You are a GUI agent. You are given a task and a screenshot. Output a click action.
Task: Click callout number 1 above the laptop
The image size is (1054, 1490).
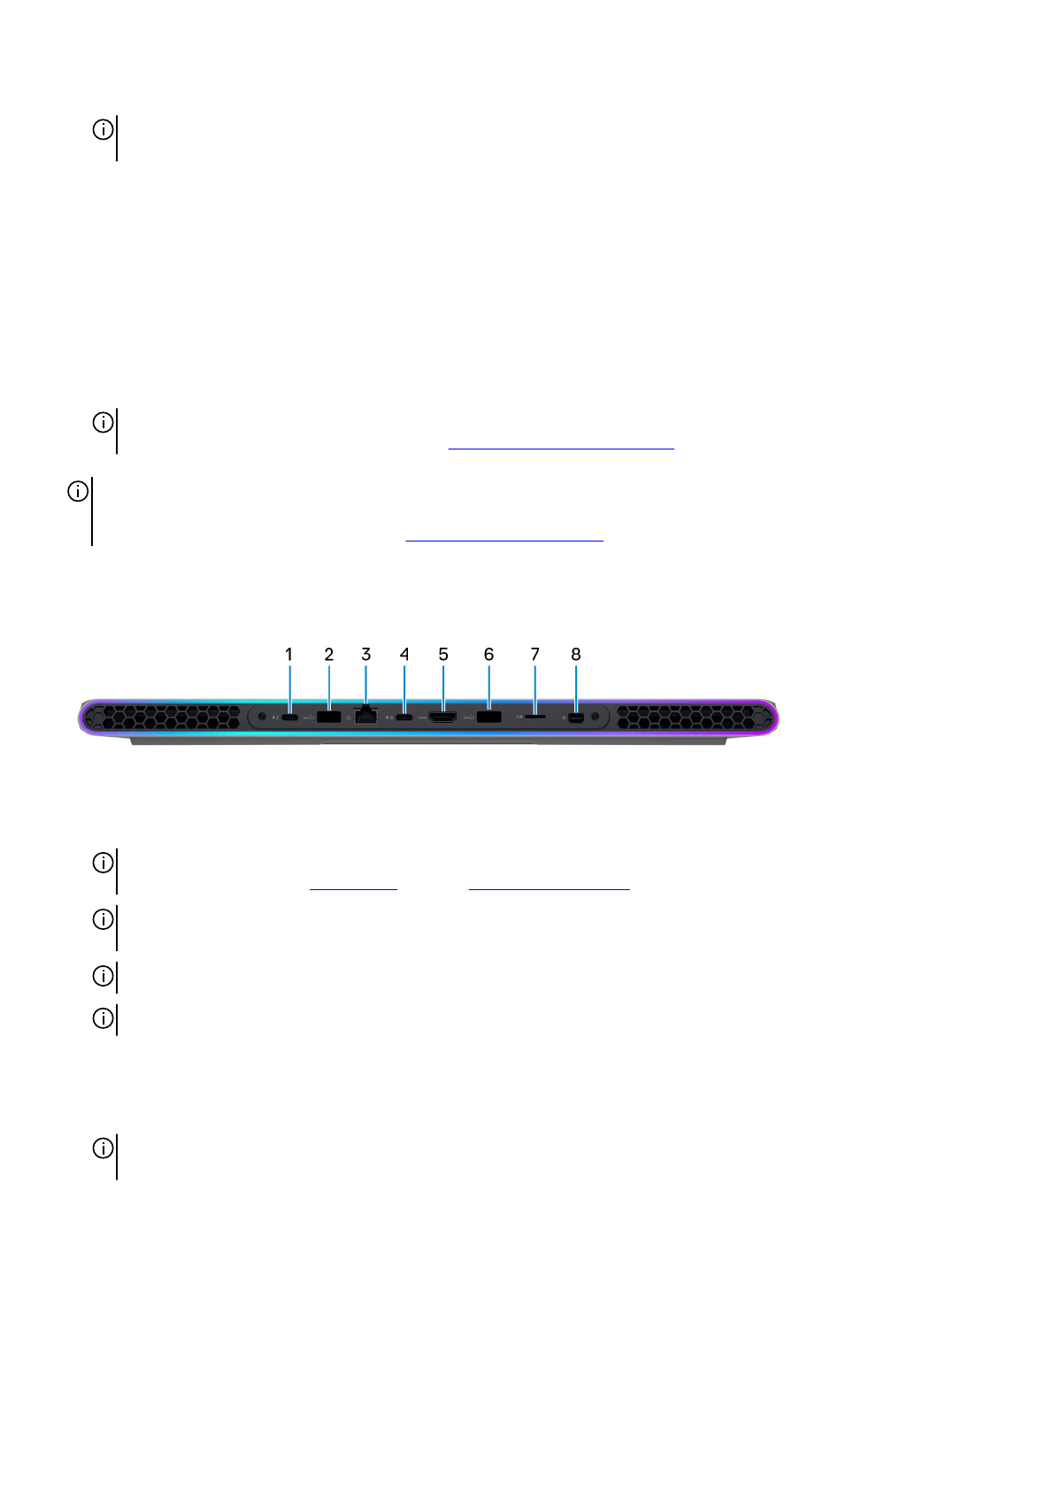tap(289, 655)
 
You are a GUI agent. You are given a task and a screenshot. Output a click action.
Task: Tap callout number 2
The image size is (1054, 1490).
tap(328, 655)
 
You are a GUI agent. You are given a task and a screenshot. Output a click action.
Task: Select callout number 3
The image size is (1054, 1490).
tap(366, 655)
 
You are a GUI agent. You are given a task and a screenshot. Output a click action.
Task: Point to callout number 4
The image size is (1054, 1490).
tap(404, 655)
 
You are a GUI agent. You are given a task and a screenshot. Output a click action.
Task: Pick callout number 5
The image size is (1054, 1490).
tap(443, 655)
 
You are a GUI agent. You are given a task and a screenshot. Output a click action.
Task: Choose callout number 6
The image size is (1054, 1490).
tap(489, 655)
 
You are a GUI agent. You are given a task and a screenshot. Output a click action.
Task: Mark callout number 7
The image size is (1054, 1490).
tap(535, 655)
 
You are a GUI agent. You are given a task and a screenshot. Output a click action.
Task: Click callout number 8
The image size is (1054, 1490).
tap(576, 655)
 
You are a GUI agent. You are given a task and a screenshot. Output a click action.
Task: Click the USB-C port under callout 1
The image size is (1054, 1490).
tap(289, 718)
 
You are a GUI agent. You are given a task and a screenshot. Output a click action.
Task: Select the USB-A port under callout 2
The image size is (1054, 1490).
tap(328, 717)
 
